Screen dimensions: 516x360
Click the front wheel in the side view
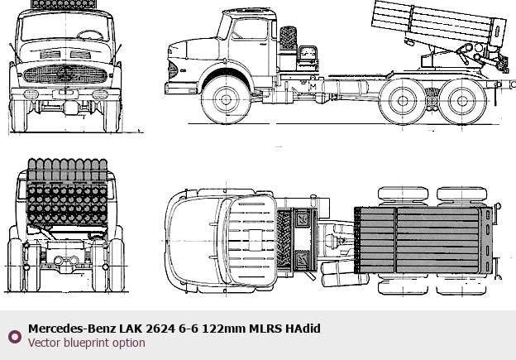pyautogui.click(x=226, y=99)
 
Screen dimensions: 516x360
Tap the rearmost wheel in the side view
pyautogui.click(x=462, y=101)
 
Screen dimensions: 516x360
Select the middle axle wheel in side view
pyautogui.click(x=403, y=101)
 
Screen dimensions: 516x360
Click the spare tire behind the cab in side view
pyautogui.click(x=288, y=38)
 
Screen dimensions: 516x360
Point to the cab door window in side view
pyautogui.click(x=249, y=29)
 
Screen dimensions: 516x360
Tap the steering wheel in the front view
pyautogui.click(x=90, y=35)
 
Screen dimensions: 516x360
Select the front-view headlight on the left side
pyautogui.click(x=30, y=94)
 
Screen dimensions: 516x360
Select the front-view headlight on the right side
pyautogui.click(x=100, y=94)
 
